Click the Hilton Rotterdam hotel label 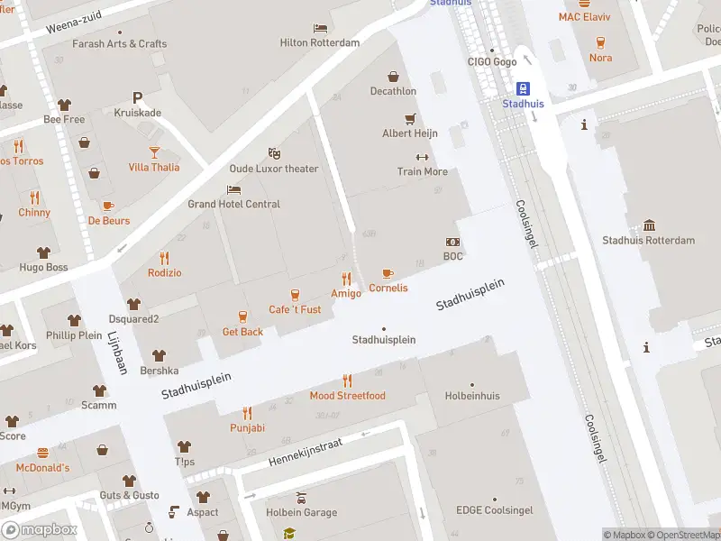[320, 42]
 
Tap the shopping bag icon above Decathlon [393, 77]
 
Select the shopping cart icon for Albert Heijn [410, 119]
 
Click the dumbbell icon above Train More [422, 157]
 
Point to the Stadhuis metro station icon [523, 88]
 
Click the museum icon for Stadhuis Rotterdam [649, 225]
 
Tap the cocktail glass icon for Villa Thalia [153, 151]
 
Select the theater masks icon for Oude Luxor [275, 154]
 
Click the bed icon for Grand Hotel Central [234, 189]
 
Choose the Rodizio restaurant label [164, 272]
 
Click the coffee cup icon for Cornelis [388, 273]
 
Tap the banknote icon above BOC [452, 242]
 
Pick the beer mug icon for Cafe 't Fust [295, 295]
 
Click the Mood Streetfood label [347, 396]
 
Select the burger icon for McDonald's [42, 453]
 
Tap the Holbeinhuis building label [472, 395]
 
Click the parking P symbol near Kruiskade [137, 97]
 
